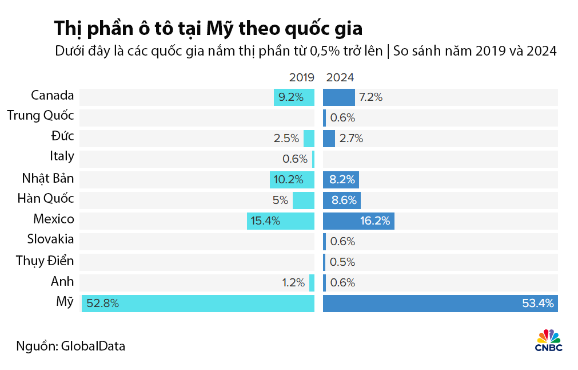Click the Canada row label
(x=53, y=96)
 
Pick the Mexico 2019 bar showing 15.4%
(x=281, y=221)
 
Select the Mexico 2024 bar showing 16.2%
(x=358, y=221)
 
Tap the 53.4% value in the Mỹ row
(x=538, y=304)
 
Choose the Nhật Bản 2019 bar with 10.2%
(x=292, y=179)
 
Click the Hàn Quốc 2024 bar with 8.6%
(x=342, y=200)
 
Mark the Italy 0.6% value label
(x=295, y=159)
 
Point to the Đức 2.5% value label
(x=287, y=138)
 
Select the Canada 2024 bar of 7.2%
(x=339, y=97)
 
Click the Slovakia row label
(x=50, y=240)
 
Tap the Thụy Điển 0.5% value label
(x=342, y=262)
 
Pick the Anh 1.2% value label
(x=293, y=282)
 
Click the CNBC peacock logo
(x=549, y=340)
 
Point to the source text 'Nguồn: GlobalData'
(x=71, y=346)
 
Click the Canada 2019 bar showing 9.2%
(x=294, y=97)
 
